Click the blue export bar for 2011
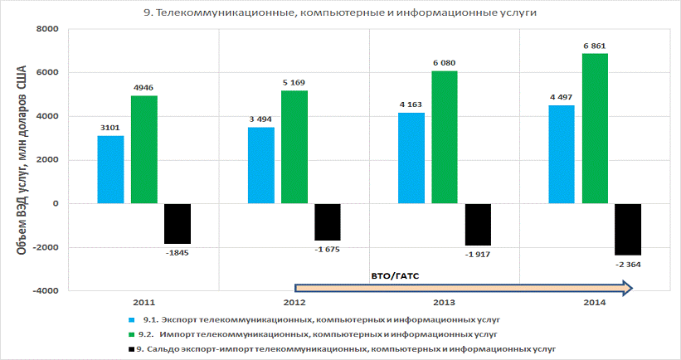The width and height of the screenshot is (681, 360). pos(110,169)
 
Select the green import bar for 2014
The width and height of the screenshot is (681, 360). pos(595,129)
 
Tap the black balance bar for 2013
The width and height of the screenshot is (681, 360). pos(478,224)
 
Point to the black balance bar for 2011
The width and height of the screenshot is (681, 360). pos(178,223)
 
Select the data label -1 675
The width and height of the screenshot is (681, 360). pos(328,249)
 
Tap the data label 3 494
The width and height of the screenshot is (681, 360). pos(260,119)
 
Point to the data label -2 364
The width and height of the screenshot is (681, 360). pos(628,264)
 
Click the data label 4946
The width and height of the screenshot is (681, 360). pos(144,86)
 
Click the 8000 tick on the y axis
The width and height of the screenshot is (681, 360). pos(46,29)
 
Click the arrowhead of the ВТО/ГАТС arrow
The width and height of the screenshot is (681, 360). pos(628,288)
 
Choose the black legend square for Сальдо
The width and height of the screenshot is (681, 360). pos(132,350)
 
